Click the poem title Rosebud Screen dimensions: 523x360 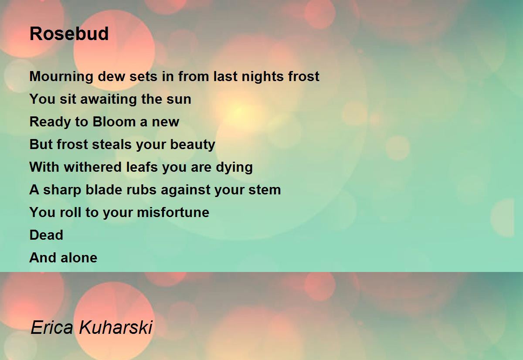click(x=69, y=34)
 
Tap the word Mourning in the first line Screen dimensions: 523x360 click(x=61, y=77)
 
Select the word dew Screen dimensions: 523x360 click(x=112, y=76)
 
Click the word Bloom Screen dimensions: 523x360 click(x=114, y=122)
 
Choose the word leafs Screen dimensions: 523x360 click(x=142, y=167)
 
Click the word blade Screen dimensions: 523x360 click(x=104, y=190)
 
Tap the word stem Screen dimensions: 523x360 click(x=265, y=190)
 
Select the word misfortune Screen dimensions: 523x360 click(x=173, y=212)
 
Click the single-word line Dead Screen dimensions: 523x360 click(x=46, y=235)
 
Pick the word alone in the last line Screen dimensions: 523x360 click(x=79, y=258)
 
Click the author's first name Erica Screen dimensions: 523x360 click(x=52, y=327)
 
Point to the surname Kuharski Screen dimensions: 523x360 click(x=116, y=327)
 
